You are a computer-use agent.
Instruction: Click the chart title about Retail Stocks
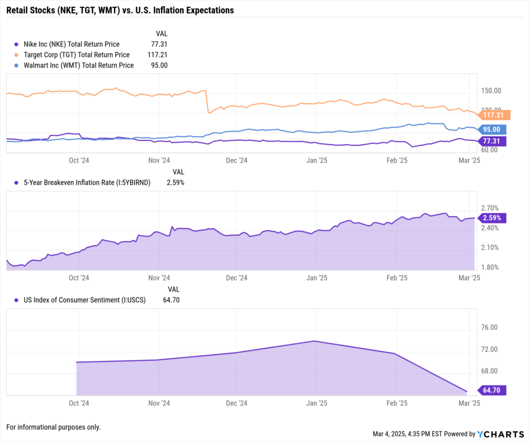point(120,10)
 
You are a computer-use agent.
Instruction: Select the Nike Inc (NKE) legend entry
point(71,44)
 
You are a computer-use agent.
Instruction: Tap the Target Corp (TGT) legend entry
point(76,55)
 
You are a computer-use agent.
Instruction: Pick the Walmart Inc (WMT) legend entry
point(79,66)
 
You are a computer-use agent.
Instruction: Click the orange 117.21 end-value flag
point(494,115)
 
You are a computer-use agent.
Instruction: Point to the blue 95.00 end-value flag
point(492,130)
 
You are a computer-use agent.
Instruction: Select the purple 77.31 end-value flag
point(492,141)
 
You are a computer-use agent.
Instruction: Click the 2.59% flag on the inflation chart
point(492,218)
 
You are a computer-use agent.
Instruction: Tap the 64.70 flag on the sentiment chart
point(492,390)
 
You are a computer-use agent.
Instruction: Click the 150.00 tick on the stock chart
point(491,91)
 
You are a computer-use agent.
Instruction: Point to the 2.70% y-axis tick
point(490,208)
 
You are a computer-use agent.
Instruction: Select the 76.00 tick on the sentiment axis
point(489,327)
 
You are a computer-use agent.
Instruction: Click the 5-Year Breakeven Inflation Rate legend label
point(87,183)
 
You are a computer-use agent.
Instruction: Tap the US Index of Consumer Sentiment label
point(85,300)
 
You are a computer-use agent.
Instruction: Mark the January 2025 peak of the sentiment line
point(315,341)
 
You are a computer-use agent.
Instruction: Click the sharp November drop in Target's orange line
point(207,102)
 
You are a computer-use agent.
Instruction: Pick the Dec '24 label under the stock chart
point(237,161)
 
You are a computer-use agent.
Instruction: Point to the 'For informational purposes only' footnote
point(53,427)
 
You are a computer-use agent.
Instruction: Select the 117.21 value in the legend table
point(157,55)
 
